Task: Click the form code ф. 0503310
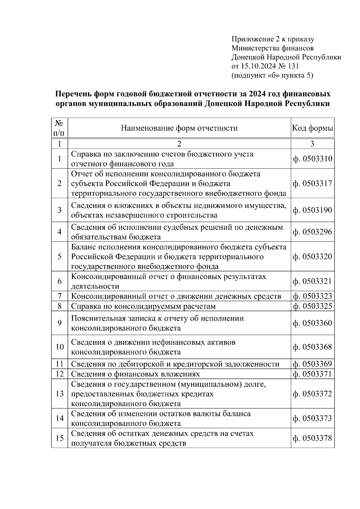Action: pyautogui.click(x=312, y=159)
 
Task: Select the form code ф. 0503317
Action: pyautogui.click(x=312, y=183)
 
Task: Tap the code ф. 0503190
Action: pyautogui.click(x=312, y=210)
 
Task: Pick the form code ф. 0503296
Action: pyautogui.click(x=312, y=232)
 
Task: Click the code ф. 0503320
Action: pyautogui.click(x=312, y=257)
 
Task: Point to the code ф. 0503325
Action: pyautogui.click(x=312, y=306)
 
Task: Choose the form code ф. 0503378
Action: pyautogui.click(x=312, y=438)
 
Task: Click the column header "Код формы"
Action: pyautogui.click(x=312, y=128)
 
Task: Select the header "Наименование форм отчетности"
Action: pyautogui.click(x=179, y=128)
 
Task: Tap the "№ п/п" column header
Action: pyautogui.click(x=59, y=128)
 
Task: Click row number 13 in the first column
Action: pyautogui.click(x=59, y=394)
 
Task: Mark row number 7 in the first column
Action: pyautogui.click(x=59, y=296)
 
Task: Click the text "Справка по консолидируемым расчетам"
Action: pyautogui.click(x=143, y=306)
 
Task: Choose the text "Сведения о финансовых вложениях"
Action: pyautogui.click(x=135, y=374)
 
